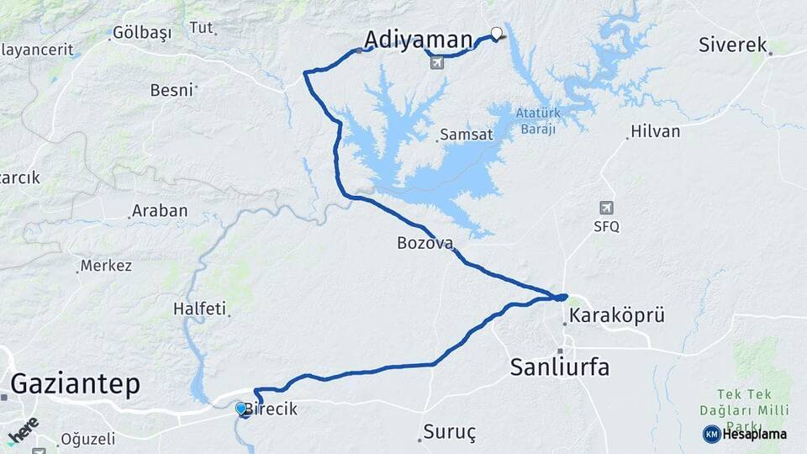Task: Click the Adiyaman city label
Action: (419, 39)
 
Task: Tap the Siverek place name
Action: (732, 45)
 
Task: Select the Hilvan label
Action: (655, 131)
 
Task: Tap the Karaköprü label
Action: (617, 316)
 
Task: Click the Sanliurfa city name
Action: (560, 367)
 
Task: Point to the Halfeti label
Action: (199, 309)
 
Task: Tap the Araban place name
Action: (159, 211)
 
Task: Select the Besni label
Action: (171, 89)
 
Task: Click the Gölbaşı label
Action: (141, 33)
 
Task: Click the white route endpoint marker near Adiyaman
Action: (496, 34)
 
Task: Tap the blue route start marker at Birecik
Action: (241, 409)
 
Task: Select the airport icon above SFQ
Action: (606, 208)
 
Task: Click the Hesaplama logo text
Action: (754, 435)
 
